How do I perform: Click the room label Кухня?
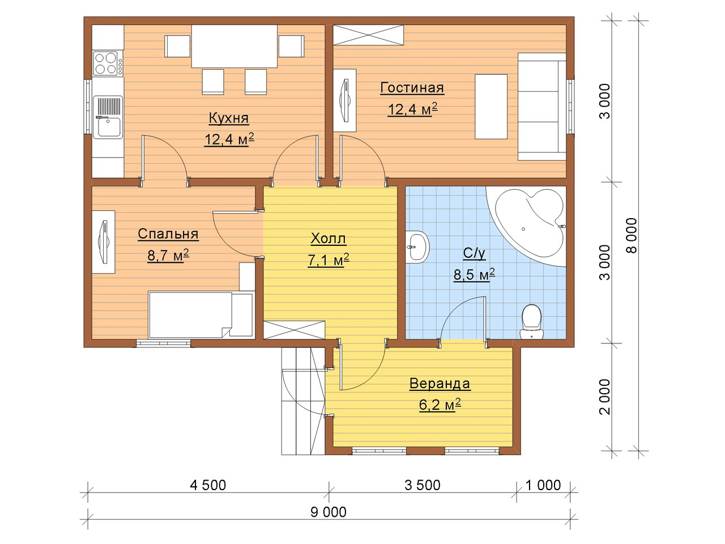pyautogui.click(x=229, y=118)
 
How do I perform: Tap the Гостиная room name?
pyautogui.click(x=412, y=88)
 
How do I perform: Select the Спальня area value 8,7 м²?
pyautogui.click(x=168, y=256)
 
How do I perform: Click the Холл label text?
pyautogui.click(x=329, y=239)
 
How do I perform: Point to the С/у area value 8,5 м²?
pyautogui.click(x=474, y=274)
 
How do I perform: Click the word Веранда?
pyautogui.click(x=440, y=384)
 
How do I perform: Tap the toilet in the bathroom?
pyautogui.click(x=531, y=321)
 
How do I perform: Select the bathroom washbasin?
pyautogui.click(x=417, y=246)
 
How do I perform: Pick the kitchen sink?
pyautogui.click(x=108, y=117)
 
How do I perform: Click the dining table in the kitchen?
pyautogui.click(x=234, y=46)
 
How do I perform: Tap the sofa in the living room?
pyautogui.click(x=542, y=107)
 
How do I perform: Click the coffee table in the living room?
pyautogui.click(x=491, y=107)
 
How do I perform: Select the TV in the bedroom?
pyautogui.click(x=104, y=242)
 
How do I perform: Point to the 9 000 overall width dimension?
pyautogui.click(x=329, y=512)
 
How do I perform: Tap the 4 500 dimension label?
pyautogui.click(x=208, y=485)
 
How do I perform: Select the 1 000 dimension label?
pyautogui.click(x=543, y=485)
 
